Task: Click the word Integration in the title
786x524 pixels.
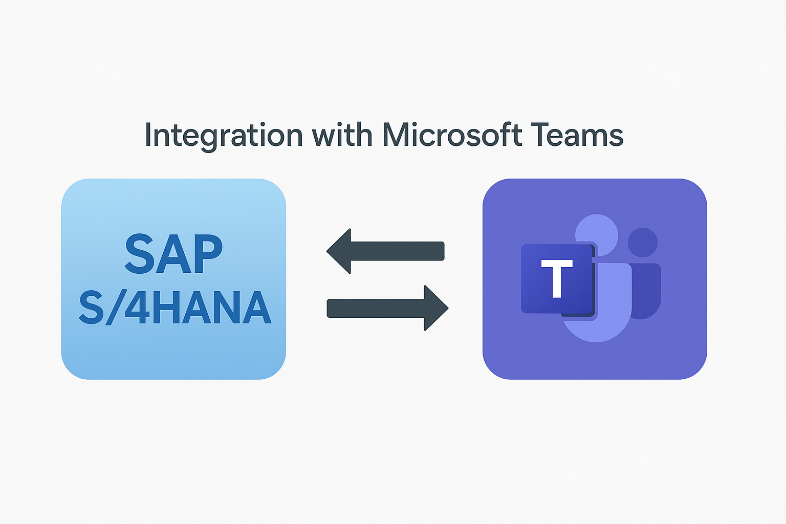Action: point(224,135)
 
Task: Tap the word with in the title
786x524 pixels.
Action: point(342,135)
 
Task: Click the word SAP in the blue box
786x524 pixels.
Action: point(173,254)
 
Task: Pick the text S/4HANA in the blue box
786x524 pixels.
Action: point(174,308)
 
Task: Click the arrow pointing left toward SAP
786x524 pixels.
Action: point(385,251)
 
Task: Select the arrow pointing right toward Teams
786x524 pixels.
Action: point(387,308)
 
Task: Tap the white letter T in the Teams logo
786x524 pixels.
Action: point(557,279)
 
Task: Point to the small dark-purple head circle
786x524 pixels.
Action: point(643,243)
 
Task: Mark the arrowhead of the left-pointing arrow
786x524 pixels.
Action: point(340,251)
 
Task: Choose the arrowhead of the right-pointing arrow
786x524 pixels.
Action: point(435,308)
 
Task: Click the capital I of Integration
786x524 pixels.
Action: point(148,135)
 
